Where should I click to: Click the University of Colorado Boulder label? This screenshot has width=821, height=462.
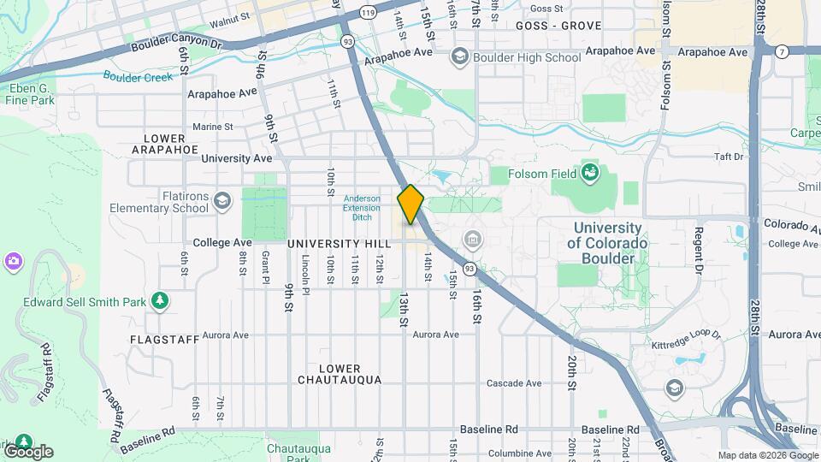[x=607, y=243]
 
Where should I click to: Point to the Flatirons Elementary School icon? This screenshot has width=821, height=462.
[x=222, y=201]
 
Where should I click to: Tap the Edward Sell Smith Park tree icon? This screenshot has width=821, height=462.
[x=159, y=300]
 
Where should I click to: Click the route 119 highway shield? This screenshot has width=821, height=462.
[x=369, y=13]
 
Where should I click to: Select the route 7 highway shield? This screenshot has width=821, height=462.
[x=783, y=52]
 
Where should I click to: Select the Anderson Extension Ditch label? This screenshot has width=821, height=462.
[x=362, y=207]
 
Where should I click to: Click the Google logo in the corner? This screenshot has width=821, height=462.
[x=27, y=451]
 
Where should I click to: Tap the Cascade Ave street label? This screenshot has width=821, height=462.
[x=514, y=383]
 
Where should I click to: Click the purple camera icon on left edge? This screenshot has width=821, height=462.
[x=13, y=260]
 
